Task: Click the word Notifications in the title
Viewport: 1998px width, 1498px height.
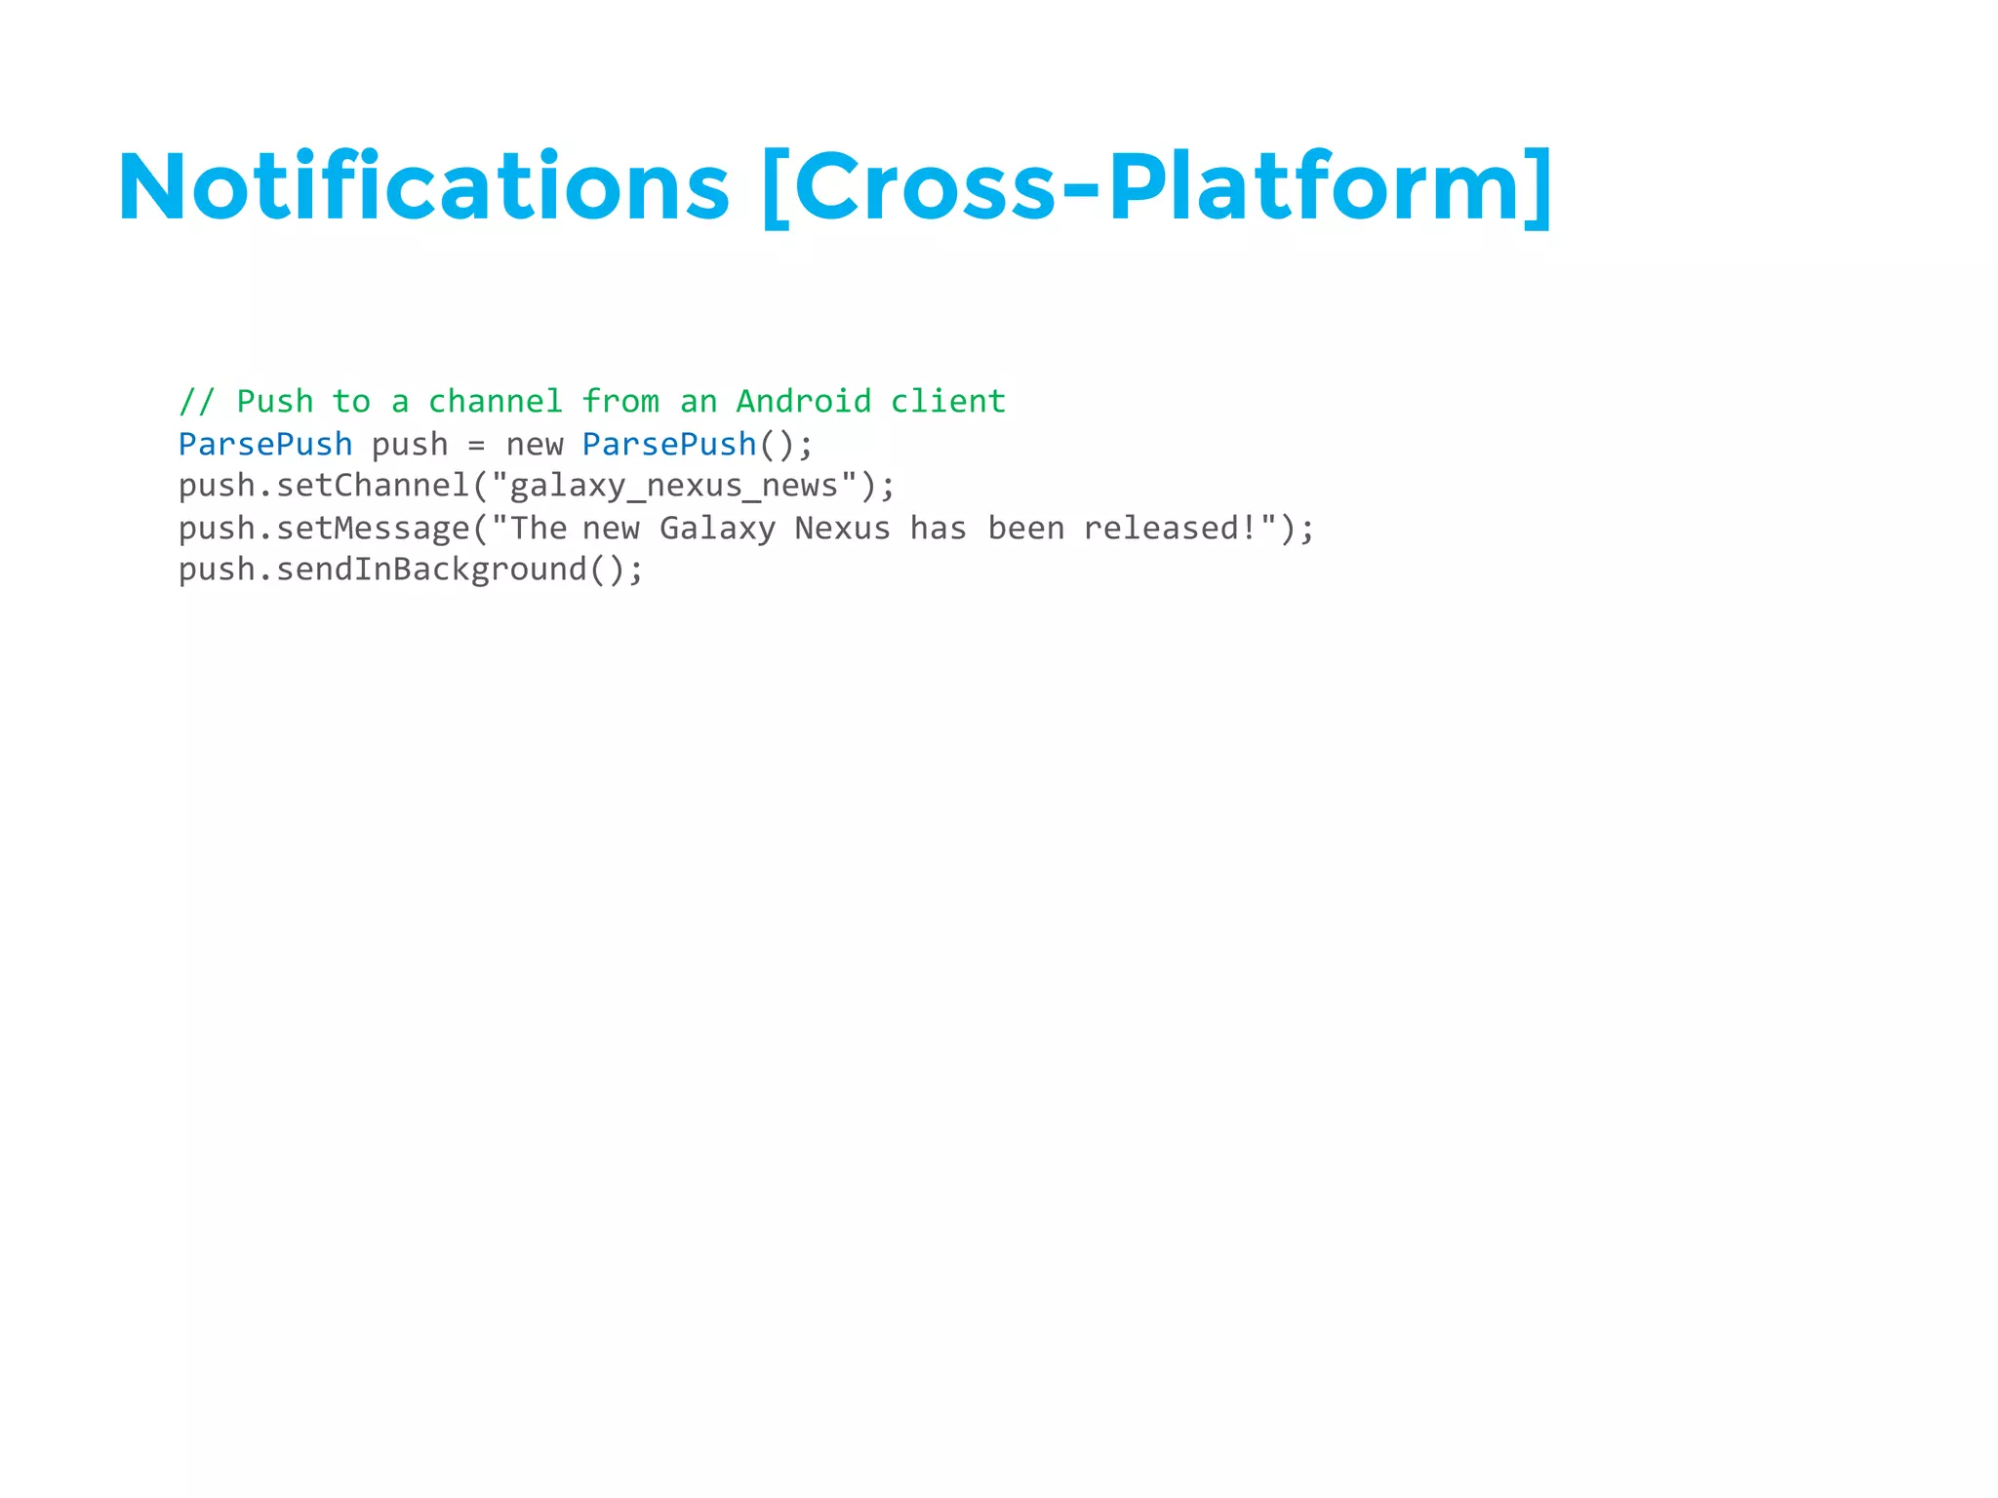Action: [x=422, y=187]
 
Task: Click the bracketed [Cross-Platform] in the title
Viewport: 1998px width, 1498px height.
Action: [x=1156, y=187]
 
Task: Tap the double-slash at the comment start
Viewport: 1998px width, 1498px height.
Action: [x=196, y=402]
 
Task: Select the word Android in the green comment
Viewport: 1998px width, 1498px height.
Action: [x=803, y=402]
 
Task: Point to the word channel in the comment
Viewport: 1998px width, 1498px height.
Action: [x=495, y=402]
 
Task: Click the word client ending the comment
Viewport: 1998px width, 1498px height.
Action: [x=947, y=402]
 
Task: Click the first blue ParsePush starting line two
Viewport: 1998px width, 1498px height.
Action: [x=264, y=445]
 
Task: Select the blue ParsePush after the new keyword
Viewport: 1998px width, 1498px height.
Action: [x=669, y=445]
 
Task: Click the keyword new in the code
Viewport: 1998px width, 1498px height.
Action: [x=534, y=446]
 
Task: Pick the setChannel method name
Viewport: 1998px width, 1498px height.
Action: [x=373, y=486]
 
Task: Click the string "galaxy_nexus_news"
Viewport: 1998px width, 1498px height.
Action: [x=673, y=486]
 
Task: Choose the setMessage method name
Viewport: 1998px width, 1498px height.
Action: [x=373, y=529]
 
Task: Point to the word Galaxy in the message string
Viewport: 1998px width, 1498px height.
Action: [x=717, y=529]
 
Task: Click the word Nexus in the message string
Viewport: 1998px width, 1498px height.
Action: [x=842, y=529]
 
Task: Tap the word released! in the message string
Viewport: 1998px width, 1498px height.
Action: [x=1170, y=529]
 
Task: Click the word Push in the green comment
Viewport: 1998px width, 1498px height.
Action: [x=274, y=402]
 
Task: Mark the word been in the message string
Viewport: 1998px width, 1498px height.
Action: [x=1025, y=529]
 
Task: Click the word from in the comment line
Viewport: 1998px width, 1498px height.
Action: [x=620, y=402]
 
